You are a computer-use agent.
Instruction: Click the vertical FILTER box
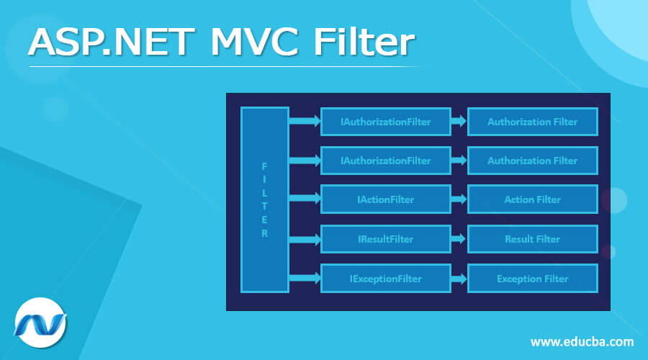[x=264, y=199]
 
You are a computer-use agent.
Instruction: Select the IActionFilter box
[x=385, y=199]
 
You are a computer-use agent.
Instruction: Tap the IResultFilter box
[x=385, y=239]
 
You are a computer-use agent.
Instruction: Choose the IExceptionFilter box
[x=385, y=279]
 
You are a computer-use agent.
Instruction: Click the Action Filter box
[x=532, y=199]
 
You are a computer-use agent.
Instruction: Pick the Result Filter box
[x=532, y=239]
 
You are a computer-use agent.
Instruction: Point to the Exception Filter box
[x=532, y=279]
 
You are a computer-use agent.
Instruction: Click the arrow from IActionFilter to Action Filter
[x=459, y=199]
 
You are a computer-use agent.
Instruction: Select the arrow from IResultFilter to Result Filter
[x=459, y=239]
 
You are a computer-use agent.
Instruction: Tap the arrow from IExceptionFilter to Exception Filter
[x=459, y=279]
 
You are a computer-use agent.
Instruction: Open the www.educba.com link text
[x=582, y=341]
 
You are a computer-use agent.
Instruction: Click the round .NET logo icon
[x=41, y=323]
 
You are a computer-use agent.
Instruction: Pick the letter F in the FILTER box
[x=264, y=165]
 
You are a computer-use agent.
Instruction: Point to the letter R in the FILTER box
[x=264, y=233]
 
